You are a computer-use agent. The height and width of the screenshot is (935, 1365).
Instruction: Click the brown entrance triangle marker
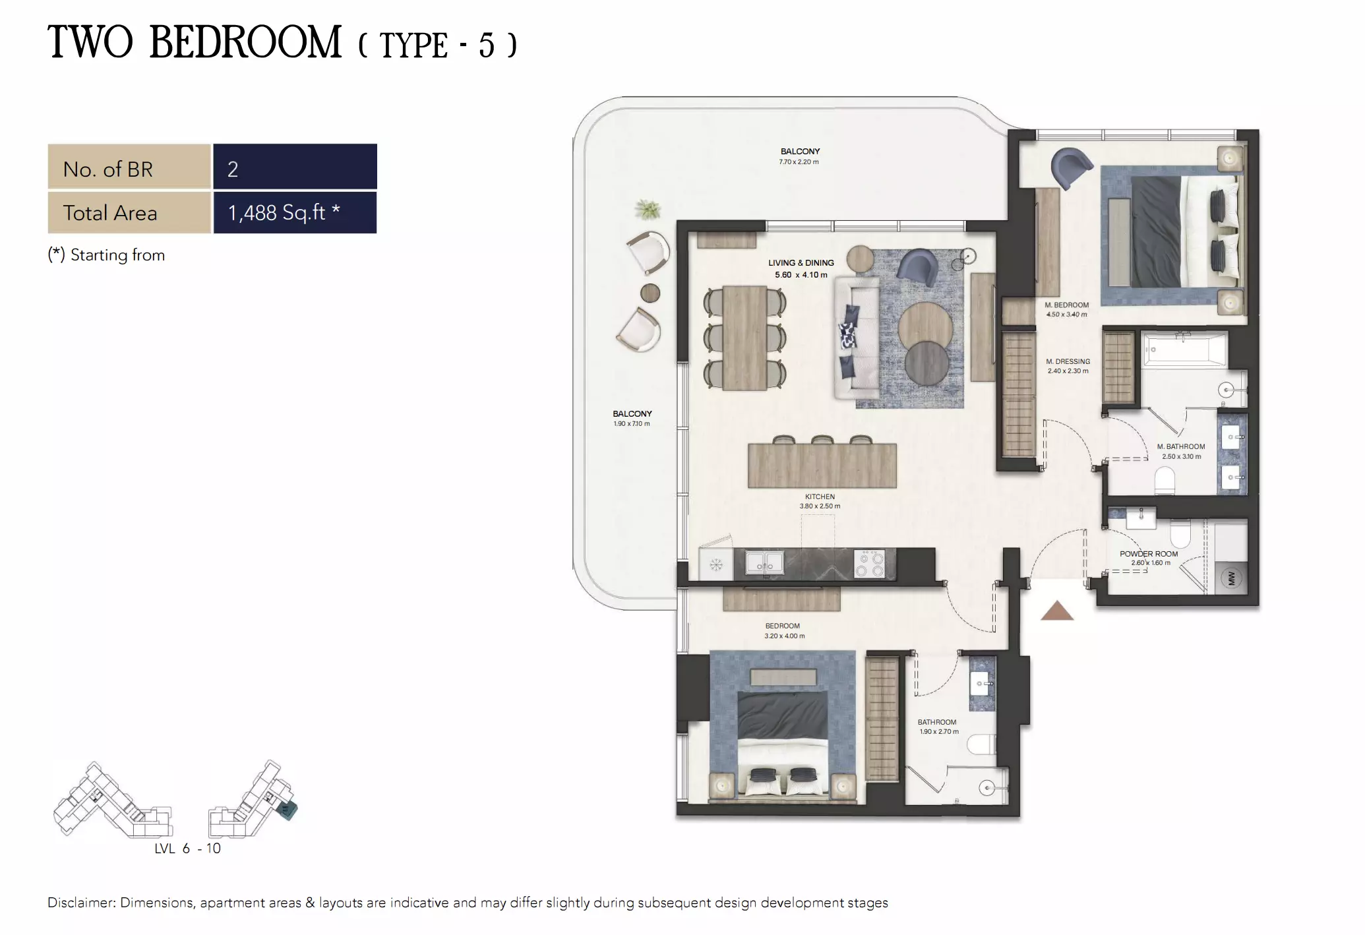(x=1057, y=611)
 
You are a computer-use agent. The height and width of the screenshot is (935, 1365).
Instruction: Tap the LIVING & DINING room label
(x=801, y=262)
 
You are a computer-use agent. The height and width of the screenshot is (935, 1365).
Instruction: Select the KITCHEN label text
(x=820, y=497)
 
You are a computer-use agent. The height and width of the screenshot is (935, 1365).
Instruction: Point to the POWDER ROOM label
(x=1148, y=554)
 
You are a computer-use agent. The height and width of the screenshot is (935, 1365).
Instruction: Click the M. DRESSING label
(x=1068, y=361)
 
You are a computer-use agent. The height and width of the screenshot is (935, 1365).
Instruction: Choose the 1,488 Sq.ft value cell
(x=295, y=212)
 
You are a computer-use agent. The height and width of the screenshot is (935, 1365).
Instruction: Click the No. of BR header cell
(x=129, y=169)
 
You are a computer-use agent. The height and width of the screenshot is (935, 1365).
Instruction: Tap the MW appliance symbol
(x=1231, y=579)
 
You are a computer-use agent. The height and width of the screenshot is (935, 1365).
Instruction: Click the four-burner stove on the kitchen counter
(x=869, y=564)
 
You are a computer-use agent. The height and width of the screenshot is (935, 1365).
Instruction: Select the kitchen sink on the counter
(x=764, y=563)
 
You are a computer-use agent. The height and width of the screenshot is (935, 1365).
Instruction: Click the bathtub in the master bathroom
(x=1184, y=349)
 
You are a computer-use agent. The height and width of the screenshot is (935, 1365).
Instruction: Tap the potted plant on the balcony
(x=648, y=210)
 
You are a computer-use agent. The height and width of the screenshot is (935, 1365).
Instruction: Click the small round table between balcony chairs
(x=650, y=293)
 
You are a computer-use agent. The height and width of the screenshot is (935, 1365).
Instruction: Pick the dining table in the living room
(x=744, y=338)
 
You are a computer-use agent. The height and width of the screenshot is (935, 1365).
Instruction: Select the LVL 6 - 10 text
(x=187, y=849)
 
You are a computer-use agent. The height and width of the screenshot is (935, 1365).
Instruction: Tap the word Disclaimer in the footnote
(x=80, y=903)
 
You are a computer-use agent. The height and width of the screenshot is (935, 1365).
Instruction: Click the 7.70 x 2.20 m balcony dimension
(x=799, y=162)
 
